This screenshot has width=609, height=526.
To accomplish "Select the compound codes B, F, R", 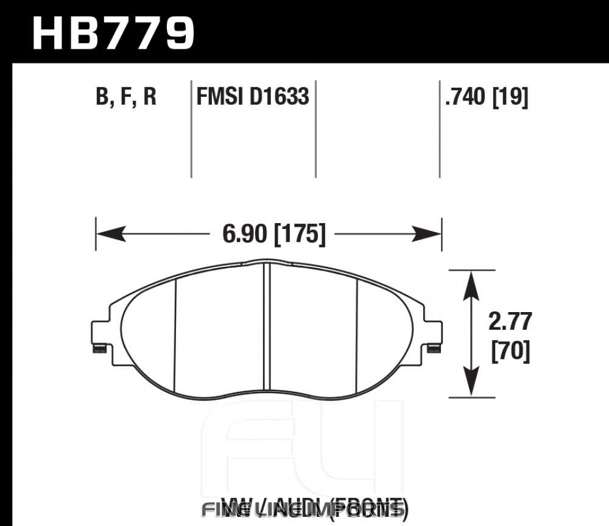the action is coord(126,97).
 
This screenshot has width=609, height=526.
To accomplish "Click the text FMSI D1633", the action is coord(252,97).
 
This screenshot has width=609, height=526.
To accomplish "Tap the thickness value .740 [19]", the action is coord(486,97).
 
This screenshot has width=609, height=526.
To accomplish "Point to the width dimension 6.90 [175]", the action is coord(269,234).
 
